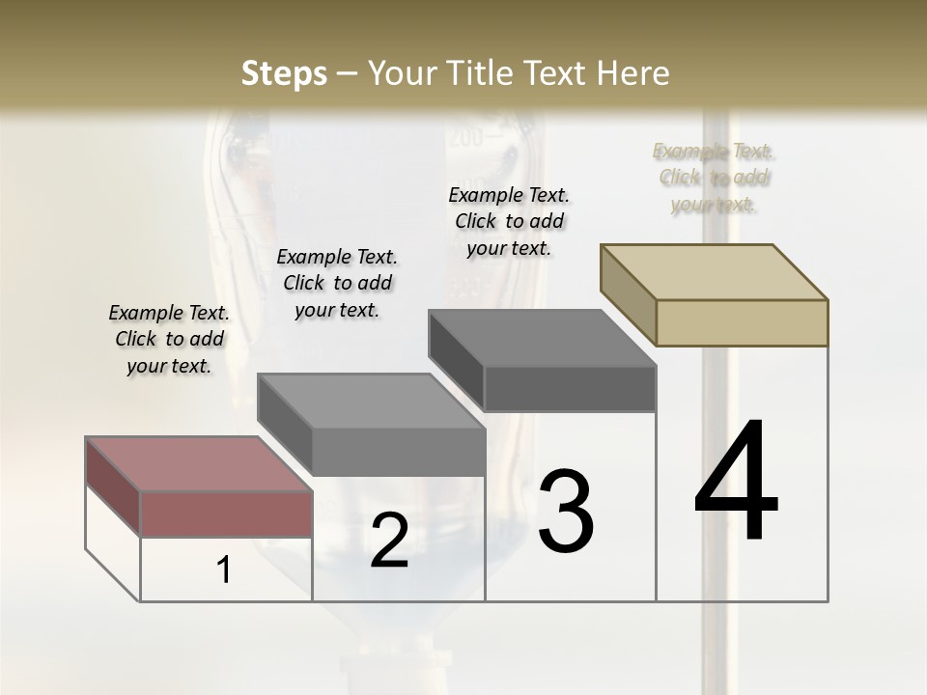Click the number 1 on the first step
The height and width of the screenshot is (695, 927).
[x=224, y=570]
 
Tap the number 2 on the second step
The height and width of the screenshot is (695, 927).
[x=389, y=541]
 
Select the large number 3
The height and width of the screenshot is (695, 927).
[x=566, y=512]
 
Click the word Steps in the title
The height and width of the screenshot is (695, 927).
[x=284, y=73]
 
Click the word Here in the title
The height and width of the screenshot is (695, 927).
[x=636, y=73]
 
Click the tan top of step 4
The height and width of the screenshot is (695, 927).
[x=715, y=271]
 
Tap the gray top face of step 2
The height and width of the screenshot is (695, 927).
[x=372, y=401]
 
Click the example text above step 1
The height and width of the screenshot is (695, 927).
[x=169, y=339]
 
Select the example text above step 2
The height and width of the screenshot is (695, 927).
[x=337, y=283]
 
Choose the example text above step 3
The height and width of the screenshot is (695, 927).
[x=509, y=221]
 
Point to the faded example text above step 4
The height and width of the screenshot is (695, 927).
[x=713, y=178]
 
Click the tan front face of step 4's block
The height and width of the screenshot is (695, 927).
[x=742, y=322]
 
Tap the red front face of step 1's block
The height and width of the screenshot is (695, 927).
[x=226, y=514]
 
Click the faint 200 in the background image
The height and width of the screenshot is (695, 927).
[x=464, y=138]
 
